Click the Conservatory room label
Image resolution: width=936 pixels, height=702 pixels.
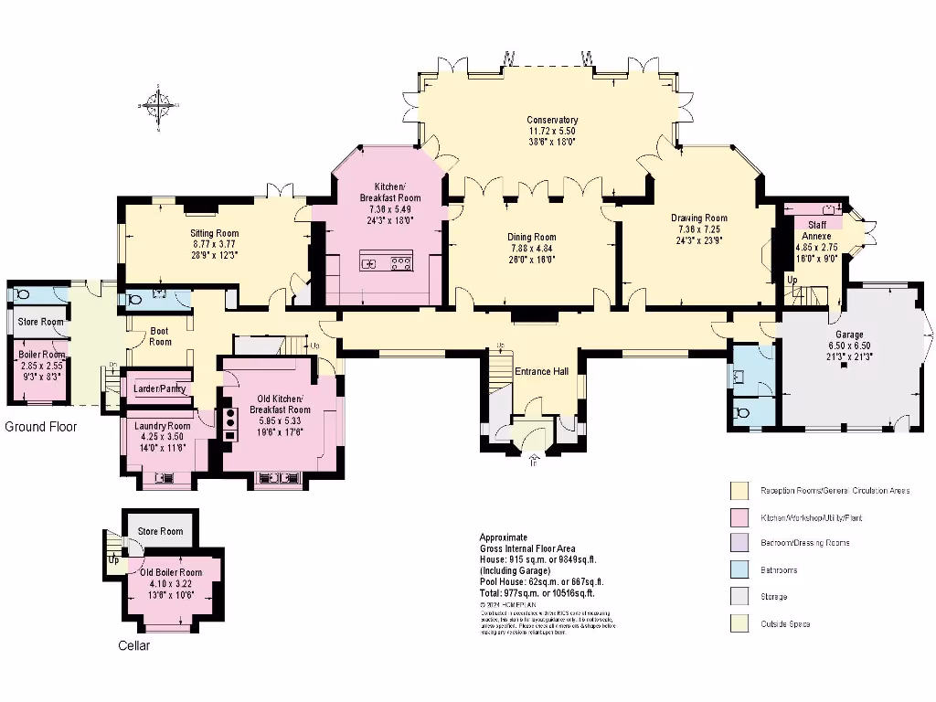coord(552,120)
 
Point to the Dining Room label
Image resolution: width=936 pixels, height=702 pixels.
coord(532,237)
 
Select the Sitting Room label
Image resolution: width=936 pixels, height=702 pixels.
coord(214,233)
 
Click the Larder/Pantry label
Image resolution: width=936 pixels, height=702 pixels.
coord(159,388)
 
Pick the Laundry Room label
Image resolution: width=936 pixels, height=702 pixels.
coord(162,426)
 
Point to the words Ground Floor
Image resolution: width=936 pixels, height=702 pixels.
coord(40,427)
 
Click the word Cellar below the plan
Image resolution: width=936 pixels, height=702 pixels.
coord(133,645)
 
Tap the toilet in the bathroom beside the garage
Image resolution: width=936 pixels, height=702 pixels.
coord(742,413)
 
